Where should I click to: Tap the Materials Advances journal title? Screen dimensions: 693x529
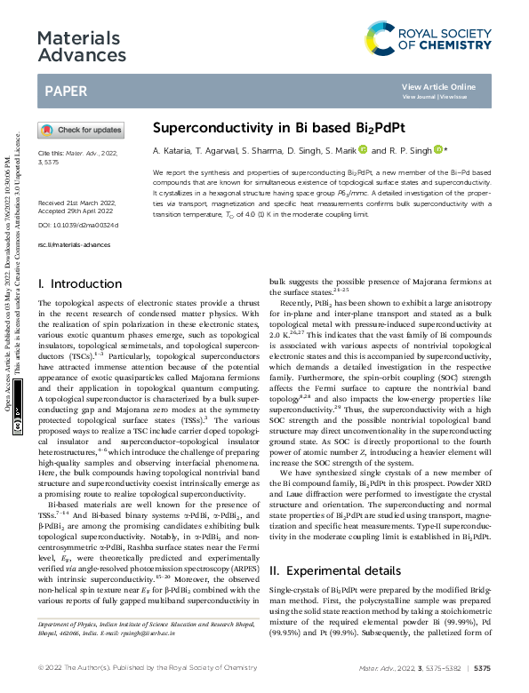78,47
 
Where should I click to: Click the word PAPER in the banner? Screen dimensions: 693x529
66,91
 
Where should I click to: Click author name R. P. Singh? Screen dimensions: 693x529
411,150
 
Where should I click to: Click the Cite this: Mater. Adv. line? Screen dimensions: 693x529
76,154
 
